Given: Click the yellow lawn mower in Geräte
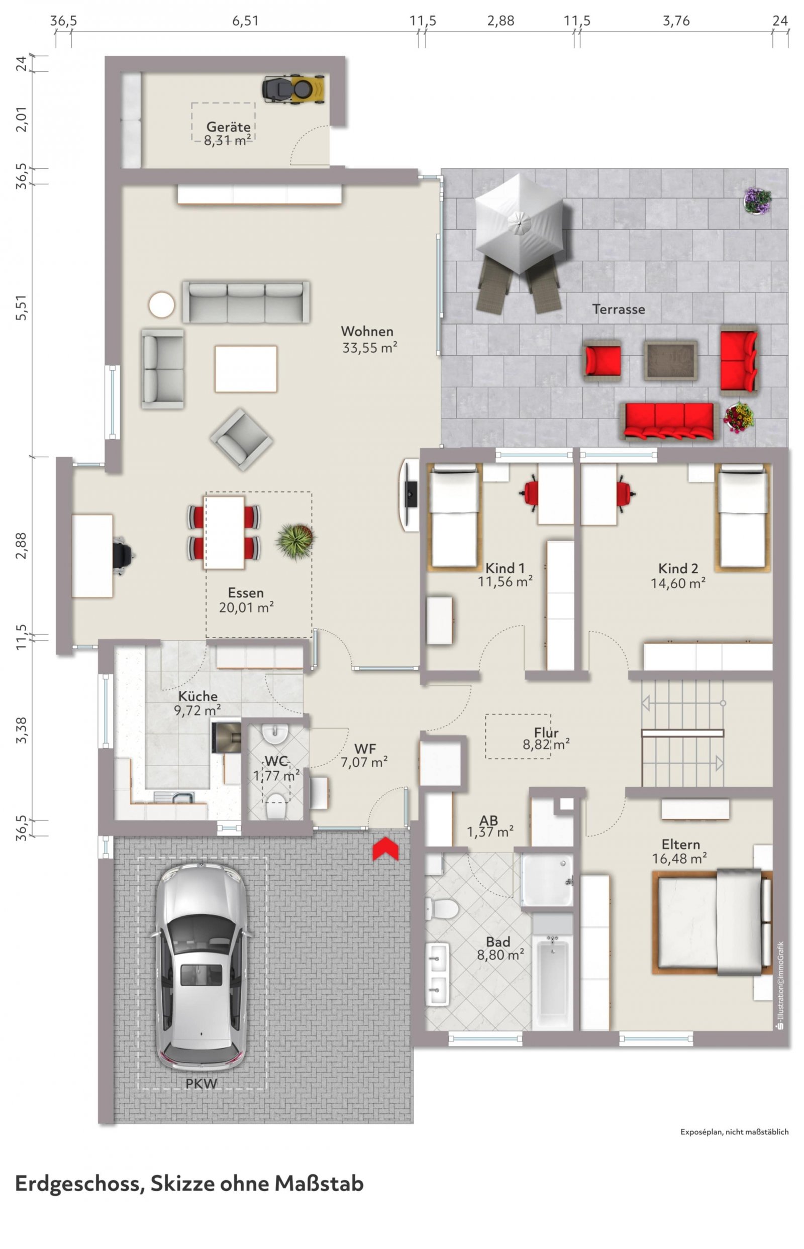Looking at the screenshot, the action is tap(293, 88).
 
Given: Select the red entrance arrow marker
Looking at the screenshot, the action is tap(385, 849).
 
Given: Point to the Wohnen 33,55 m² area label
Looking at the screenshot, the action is tap(369, 339).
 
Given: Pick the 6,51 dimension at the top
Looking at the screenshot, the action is tap(245, 21).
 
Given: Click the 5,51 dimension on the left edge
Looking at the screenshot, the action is tap(21, 308).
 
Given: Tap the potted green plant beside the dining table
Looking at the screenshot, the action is tap(295, 541).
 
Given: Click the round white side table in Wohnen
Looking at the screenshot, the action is tap(161, 305).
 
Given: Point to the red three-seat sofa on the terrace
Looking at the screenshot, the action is tap(669, 421).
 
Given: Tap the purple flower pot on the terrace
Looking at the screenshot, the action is tap(757, 200).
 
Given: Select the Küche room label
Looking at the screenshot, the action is tap(197, 695).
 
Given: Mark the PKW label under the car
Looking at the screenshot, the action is tap(202, 1083).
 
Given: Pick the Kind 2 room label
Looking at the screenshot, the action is tap(678, 568).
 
